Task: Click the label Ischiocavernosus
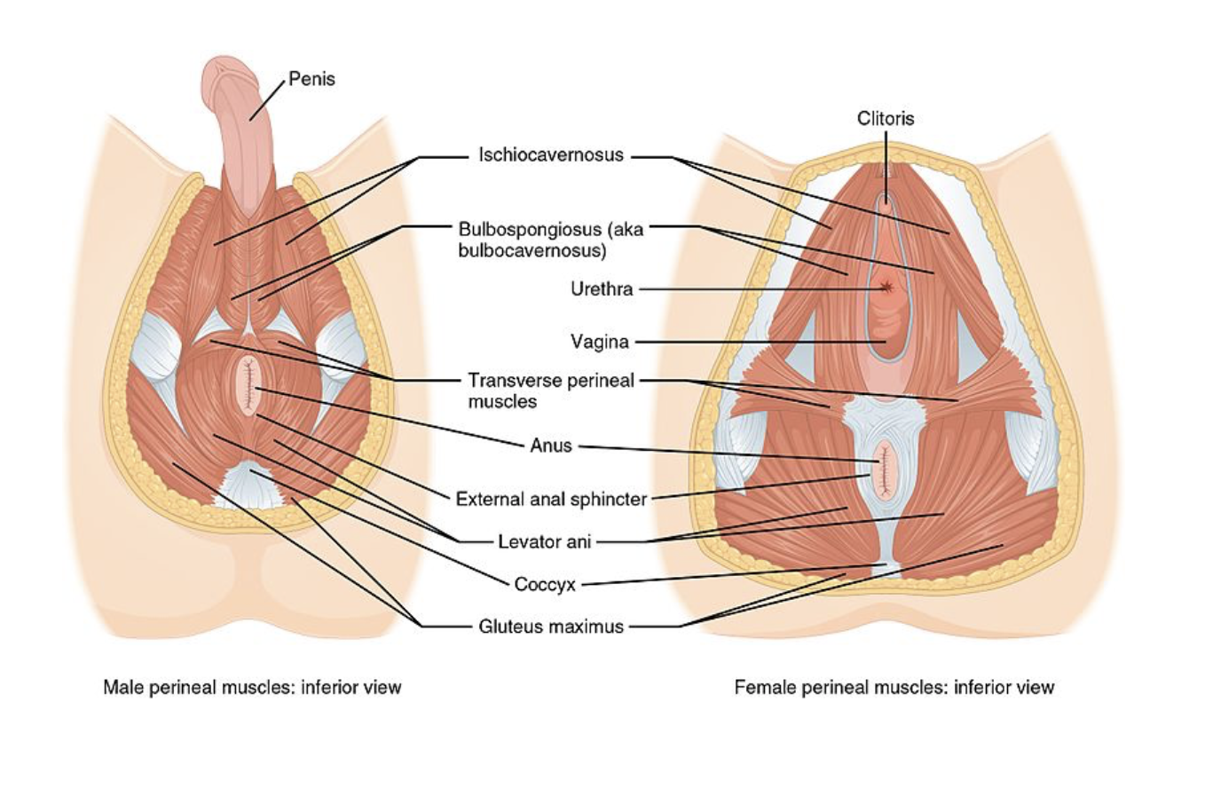tap(551, 155)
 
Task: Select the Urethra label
tap(602, 289)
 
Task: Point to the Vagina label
tap(599, 342)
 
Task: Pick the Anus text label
tap(551, 446)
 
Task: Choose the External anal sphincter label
tap(551, 499)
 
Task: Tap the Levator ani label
tap(544, 541)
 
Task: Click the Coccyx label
tap(545, 585)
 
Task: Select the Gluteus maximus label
tap(551, 627)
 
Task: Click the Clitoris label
tap(885, 118)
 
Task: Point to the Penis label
tap(312, 79)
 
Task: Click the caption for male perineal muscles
tap(252, 687)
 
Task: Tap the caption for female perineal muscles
tap(894, 687)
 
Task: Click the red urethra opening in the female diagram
tap(887, 287)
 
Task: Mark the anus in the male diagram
tap(247, 386)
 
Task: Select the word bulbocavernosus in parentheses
tap(532, 251)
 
